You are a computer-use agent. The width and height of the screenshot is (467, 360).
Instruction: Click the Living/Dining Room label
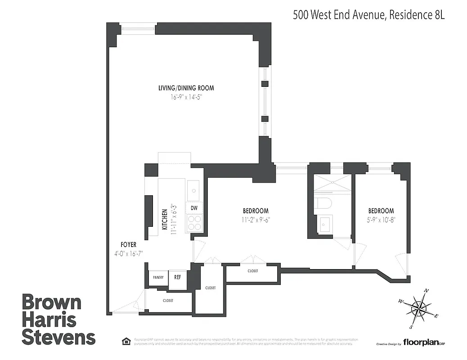pyautogui.click(x=186, y=88)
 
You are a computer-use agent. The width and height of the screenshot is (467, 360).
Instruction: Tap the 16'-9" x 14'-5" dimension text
pyautogui.click(x=186, y=97)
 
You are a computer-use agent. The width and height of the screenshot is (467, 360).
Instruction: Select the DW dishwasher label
pyautogui.click(x=194, y=208)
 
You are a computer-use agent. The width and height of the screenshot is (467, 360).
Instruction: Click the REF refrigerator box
pyautogui.click(x=177, y=278)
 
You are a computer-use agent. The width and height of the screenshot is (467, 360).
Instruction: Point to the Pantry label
pyautogui.click(x=158, y=278)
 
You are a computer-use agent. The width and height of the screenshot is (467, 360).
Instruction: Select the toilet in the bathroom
pyautogui.click(x=324, y=203)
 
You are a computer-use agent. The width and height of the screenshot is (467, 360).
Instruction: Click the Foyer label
pyautogui.click(x=129, y=245)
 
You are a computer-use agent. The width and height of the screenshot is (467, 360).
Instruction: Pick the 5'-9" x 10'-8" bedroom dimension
pyautogui.click(x=381, y=220)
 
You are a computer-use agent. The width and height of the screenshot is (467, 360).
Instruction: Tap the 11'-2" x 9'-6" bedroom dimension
pyautogui.click(x=256, y=220)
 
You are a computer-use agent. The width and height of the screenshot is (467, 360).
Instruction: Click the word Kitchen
pyautogui.click(x=165, y=220)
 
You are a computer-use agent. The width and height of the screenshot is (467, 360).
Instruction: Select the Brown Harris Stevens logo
pyautogui.click(x=58, y=319)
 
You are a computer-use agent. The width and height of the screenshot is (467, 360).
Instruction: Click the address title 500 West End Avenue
pyautogui.click(x=368, y=15)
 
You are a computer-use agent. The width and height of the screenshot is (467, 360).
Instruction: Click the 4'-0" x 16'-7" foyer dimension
pyautogui.click(x=129, y=254)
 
